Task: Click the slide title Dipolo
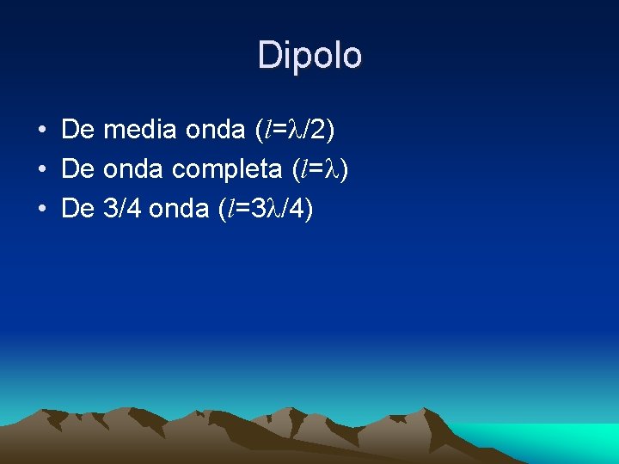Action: [309, 56]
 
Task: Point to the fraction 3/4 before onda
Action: [122, 208]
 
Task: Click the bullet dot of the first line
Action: [40, 131]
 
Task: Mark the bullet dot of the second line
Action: [40, 169]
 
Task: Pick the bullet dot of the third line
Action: [40, 208]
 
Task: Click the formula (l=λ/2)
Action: [295, 131]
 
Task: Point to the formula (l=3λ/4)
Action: [266, 209]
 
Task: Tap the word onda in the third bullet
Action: [179, 208]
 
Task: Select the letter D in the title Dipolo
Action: [268, 56]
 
